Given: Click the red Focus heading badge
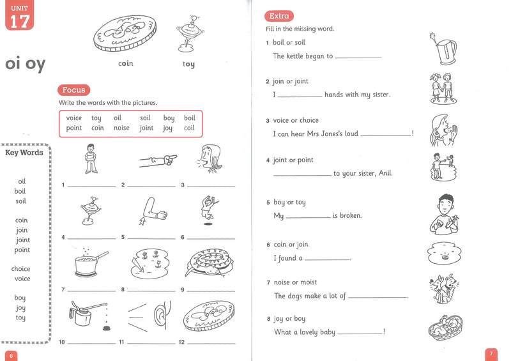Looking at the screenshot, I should click(x=74, y=90).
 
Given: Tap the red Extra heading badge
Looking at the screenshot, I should click(x=279, y=16).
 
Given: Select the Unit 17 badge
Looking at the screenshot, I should click(x=19, y=16).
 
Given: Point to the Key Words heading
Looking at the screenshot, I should click(x=24, y=153).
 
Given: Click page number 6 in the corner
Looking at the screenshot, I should click(x=11, y=355).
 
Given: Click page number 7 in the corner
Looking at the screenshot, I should click(x=491, y=353).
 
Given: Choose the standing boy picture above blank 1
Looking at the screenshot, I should click(x=90, y=158).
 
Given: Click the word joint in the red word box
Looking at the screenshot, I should click(x=147, y=128).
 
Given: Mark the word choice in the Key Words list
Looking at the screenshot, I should click(x=21, y=269).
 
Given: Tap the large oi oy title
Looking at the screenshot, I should click(x=25, y=65).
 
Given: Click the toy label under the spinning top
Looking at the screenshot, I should click(x=188, y=64).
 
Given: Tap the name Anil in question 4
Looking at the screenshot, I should click(x=383, y=173).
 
